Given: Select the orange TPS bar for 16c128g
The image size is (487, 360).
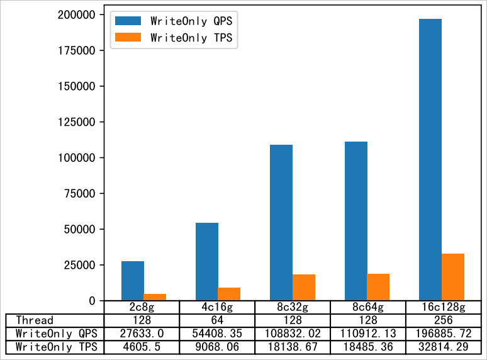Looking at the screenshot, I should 452,277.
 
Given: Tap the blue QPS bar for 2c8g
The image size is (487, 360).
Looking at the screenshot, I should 133,281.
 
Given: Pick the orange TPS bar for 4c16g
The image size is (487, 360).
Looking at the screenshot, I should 229,294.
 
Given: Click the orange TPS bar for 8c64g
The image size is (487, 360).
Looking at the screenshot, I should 378,287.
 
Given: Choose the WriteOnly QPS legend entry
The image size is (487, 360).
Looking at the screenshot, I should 173,21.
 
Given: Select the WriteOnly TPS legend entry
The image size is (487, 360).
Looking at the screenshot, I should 173,38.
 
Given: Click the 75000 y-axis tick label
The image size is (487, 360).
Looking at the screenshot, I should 81,193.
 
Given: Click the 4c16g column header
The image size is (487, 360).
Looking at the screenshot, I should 217,307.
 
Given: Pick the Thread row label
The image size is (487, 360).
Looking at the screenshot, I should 35,320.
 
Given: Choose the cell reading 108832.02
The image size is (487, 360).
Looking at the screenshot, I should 292,334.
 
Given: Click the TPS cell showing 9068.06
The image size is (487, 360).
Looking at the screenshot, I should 217,347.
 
